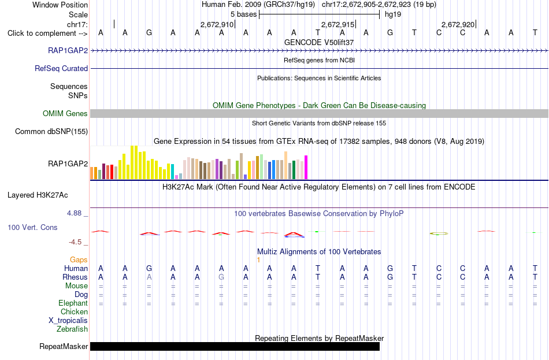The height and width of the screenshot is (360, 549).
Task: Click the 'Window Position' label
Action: click(60, 5)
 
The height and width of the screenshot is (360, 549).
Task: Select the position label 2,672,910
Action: click(217, 24)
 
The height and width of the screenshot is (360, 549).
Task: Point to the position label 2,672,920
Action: click(458, 24)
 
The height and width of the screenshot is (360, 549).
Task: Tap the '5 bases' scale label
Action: click(244, 14)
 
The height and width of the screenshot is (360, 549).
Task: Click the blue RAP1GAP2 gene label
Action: click(68, 50)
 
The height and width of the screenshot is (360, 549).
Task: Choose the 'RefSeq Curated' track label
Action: click(61, 68)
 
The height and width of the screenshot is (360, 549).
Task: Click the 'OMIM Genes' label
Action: click(65, 113)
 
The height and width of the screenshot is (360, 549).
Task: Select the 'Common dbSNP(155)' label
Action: click(51, 131)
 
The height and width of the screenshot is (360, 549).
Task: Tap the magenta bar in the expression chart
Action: click(306, 168)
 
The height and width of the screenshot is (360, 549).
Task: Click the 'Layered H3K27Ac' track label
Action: click(38, 195)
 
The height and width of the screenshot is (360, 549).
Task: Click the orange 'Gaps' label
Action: click(79, 259)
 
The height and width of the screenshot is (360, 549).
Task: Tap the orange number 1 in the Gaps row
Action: click(258, 260)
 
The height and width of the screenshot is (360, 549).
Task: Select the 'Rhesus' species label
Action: click(75, 277)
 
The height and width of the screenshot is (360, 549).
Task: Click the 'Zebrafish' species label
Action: click(72, 329)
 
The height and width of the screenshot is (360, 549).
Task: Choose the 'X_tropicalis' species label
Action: click(68, 321)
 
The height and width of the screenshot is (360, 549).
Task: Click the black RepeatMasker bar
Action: click(235, 346)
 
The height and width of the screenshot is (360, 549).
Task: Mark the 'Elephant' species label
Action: click(73, 303)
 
